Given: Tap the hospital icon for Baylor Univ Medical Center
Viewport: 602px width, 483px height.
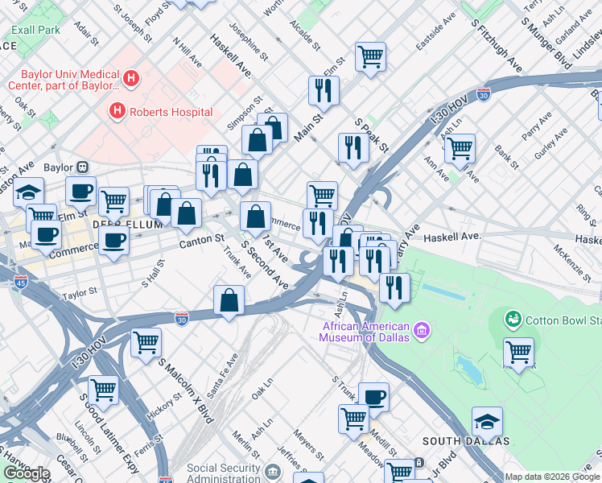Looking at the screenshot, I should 132,78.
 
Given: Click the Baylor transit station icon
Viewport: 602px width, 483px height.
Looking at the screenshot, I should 82,167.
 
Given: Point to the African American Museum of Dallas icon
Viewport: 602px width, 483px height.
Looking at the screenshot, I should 421,330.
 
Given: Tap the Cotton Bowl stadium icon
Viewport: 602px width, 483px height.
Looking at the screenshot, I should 513,320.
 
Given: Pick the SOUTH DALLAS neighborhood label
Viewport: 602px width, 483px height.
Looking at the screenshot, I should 466,440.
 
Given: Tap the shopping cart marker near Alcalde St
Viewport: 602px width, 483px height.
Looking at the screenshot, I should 370,57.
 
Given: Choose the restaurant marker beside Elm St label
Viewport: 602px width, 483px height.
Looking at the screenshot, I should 324,90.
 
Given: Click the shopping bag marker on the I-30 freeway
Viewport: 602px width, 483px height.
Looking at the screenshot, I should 229,301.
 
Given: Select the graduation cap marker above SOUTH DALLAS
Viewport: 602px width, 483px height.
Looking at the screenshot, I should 487,422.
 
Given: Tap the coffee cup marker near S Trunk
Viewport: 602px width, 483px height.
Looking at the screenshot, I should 373,396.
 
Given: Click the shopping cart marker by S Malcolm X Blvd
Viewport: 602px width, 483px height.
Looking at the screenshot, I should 146,341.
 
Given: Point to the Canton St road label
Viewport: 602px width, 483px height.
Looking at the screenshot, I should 201,239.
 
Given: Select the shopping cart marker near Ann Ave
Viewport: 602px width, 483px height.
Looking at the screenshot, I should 459,147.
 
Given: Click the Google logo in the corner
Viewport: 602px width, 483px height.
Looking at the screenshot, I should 27,473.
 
